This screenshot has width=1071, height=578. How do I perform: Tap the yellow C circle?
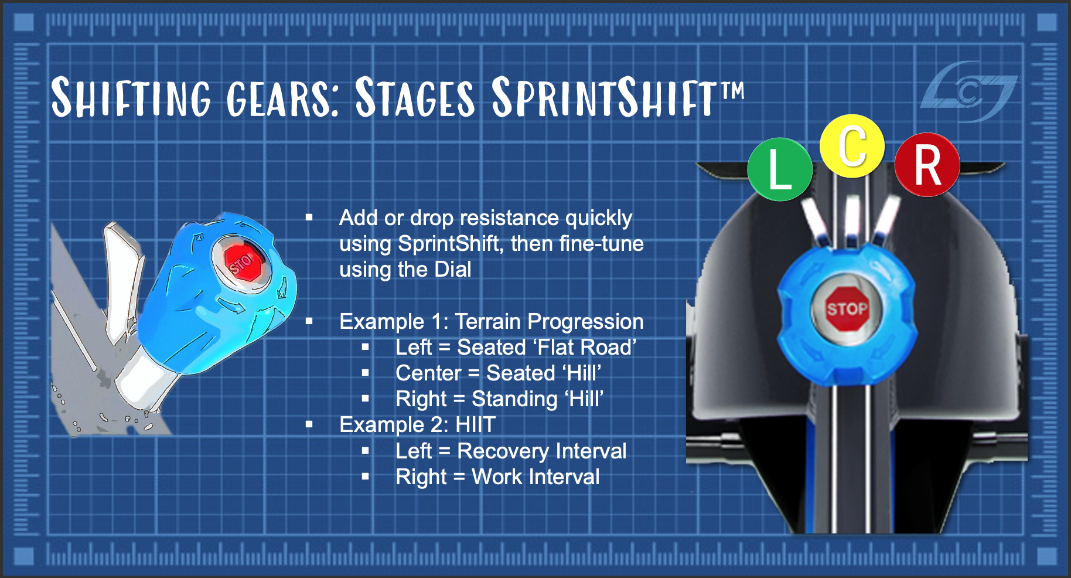tap(852, 146)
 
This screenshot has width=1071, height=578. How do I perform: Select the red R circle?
tap(927, 165)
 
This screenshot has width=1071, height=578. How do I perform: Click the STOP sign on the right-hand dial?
tap(847, 308)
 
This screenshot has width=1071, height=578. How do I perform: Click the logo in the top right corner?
tap(970, 91)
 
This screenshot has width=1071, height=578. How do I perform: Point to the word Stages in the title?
tap(415, 97)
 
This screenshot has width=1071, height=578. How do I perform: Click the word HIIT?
tap(476, 424)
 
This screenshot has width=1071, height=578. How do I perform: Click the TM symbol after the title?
tap(732, 91)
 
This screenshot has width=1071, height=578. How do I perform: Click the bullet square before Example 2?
tap(309, 424)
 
